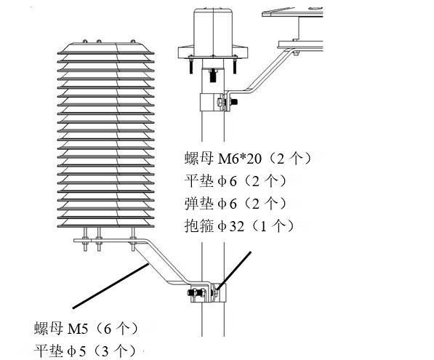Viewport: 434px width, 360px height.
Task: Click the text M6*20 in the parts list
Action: [240, 159]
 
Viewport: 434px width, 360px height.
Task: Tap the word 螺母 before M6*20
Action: [198, 159]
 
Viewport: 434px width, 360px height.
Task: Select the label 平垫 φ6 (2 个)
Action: [236, 181]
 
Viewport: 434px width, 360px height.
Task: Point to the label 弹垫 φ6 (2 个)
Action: [236, 204]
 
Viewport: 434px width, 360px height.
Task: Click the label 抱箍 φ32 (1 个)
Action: [239, 226]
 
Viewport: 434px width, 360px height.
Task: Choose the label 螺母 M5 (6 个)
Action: [86, 329]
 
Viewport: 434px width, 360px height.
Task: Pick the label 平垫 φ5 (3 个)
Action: [85, 351]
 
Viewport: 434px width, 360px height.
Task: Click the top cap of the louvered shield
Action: [105, 48]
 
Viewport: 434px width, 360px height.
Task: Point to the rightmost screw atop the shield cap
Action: [133, 41]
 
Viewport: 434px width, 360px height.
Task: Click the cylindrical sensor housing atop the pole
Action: [213, 33]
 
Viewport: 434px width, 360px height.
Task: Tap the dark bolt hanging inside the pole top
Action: [213, 75]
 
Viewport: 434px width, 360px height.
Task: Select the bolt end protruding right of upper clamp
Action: [233, 102]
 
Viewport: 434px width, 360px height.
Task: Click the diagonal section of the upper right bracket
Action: [267, 70]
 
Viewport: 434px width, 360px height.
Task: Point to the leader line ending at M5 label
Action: [110, 286]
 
